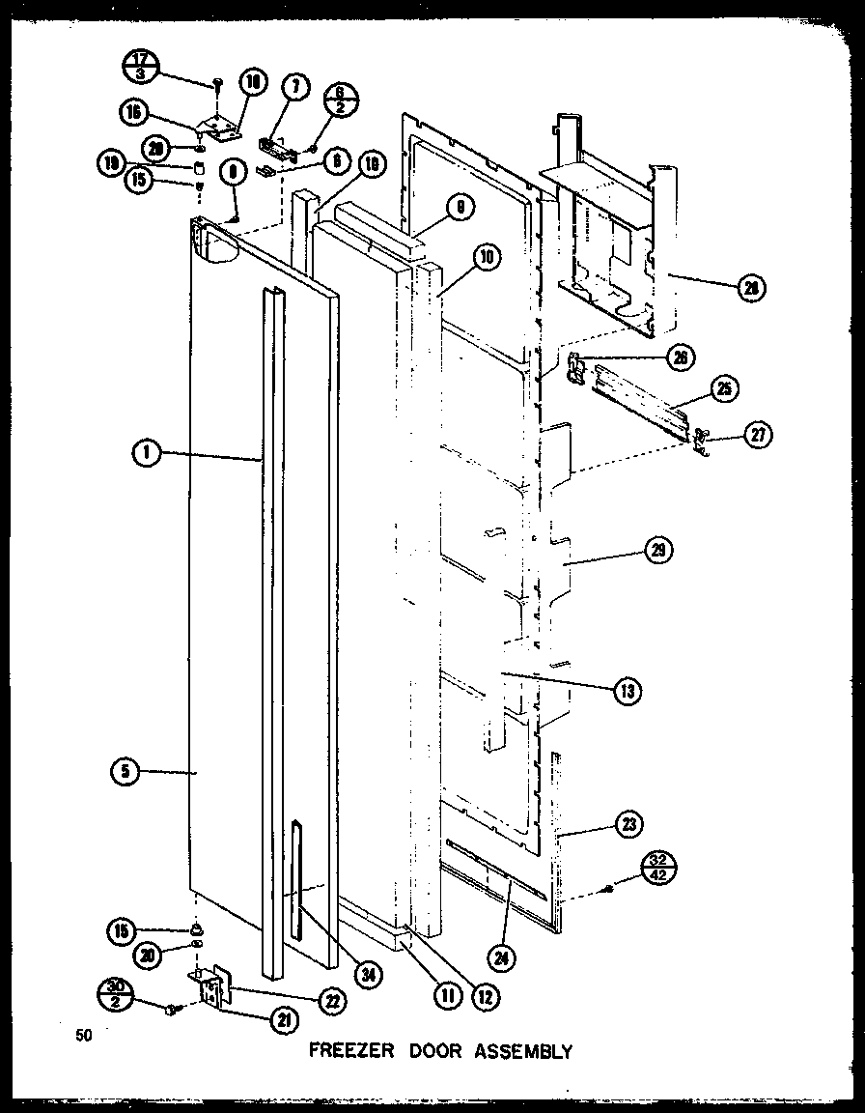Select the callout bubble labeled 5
tap(126, 771)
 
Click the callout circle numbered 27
tap(760, 435)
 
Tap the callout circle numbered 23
tap(630, 824)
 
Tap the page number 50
tap(84, 1036)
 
